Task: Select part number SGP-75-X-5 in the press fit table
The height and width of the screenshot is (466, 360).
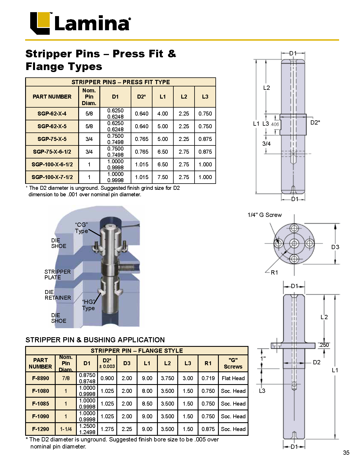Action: pos(52,139)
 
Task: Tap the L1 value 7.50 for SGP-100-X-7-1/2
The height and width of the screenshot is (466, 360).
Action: pos(163,177)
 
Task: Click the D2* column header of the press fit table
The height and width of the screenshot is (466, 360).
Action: pos(141,97)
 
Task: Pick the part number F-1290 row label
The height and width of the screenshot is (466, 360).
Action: pos(40,429)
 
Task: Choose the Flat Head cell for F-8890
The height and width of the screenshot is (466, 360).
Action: pos(233,378)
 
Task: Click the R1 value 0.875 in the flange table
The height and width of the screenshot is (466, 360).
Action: pos(208,429)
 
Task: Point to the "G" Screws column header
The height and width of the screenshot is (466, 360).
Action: pos(233,363)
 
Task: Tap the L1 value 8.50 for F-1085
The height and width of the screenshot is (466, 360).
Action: pos(147,404)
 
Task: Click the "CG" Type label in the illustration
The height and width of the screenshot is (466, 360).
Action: pos(82,228)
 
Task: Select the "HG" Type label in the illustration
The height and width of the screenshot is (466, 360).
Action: pos(88,305)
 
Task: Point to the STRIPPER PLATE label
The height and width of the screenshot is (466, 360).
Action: pos(57,275)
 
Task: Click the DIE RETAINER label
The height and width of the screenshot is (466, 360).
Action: pos(58,295)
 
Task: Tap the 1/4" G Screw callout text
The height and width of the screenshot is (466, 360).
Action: pos(265,215)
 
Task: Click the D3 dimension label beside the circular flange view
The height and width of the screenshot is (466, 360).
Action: pos(335,247)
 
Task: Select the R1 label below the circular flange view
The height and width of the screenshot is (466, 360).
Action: pos(274,273)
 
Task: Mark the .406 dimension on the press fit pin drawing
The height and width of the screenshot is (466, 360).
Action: pos(275,124)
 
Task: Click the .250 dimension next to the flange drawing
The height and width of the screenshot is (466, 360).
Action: pos(324,345)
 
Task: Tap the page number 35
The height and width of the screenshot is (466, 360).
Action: pos(346,453)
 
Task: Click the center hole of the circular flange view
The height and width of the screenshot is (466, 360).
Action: pos(294,243)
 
